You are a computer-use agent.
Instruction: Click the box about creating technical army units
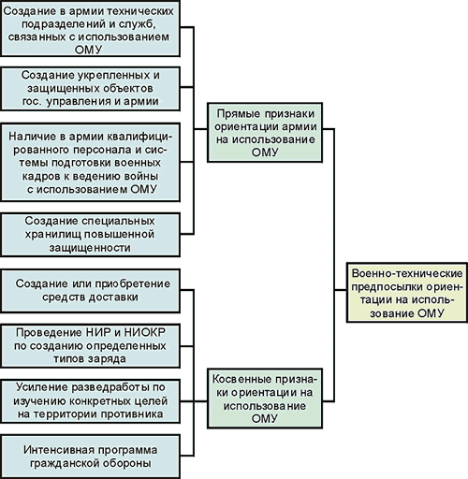click(90, 28)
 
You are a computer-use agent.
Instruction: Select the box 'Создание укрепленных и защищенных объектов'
click(90, 89)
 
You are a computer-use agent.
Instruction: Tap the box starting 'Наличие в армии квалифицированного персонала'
click(90, 162)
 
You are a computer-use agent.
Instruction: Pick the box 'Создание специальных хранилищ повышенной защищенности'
click(90, 235)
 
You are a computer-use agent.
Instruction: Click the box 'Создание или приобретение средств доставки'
click(90, 291)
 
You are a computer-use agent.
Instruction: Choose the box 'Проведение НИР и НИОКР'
click(90, 345)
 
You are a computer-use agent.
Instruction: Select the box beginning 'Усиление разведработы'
click(90, 401)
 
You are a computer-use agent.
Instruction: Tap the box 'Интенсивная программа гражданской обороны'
click(90, 457)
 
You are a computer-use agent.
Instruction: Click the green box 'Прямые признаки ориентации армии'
click(265, 132)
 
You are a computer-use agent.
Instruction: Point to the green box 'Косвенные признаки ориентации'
click(265, 399)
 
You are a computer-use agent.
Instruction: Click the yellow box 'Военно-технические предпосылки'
click(407, 293)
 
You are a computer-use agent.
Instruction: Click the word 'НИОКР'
click(145, 332)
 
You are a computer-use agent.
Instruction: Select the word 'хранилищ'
click(51, 235)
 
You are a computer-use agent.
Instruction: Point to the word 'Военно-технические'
click(407, 273)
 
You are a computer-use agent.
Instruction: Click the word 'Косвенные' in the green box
click(238, 379)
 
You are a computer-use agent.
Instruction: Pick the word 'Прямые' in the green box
click(239, 114)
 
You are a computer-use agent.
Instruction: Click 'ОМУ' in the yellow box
click(431, 313)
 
